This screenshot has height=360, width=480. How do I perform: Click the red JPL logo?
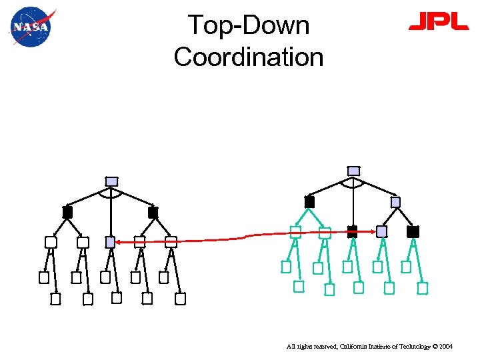coord(438,23)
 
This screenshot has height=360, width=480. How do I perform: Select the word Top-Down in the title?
coord(249,25)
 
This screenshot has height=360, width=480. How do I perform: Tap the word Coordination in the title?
coord(249,57)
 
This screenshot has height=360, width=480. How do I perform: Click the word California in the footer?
coord(357,347)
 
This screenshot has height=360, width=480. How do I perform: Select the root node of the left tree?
coord(112,181)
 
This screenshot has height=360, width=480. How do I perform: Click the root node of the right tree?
coord(354,171)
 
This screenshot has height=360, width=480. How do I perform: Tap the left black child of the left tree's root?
coord(67,212)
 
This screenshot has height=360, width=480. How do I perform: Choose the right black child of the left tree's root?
coord(153,212)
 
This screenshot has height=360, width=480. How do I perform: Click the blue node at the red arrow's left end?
coord(111,242)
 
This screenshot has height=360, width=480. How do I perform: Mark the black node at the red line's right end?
coord(352,231)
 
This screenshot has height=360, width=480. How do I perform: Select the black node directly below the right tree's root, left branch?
coord(309,201)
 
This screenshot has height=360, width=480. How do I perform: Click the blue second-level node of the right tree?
coord(395,201)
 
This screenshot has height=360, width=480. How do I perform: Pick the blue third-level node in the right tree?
coord(381,231)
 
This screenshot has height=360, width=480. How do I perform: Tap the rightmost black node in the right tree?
coord(413,231)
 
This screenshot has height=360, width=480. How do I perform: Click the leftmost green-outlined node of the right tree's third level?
coord(295,231)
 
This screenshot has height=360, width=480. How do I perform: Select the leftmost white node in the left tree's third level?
coord(51,242)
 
